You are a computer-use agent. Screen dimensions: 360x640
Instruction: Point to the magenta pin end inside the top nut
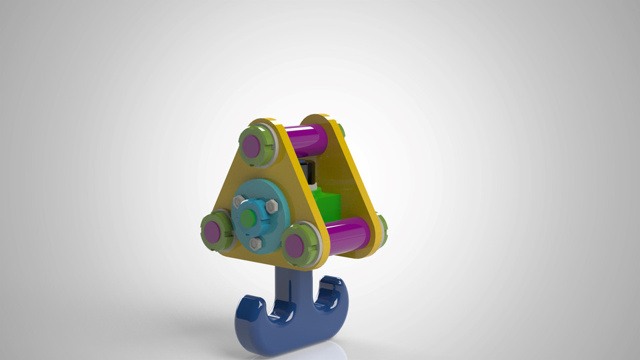[x=251, y=147]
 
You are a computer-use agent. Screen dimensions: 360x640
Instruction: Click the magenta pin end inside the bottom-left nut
[x=212, y=232]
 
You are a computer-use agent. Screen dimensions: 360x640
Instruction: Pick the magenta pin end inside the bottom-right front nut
[x=294, y=246]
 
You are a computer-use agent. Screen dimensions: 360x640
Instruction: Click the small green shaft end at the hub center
[x=249, y=217]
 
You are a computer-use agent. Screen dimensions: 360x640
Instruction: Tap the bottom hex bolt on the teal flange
[x=255, y=243]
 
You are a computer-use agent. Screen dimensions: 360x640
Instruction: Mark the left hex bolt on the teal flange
[x=237, y=200]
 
